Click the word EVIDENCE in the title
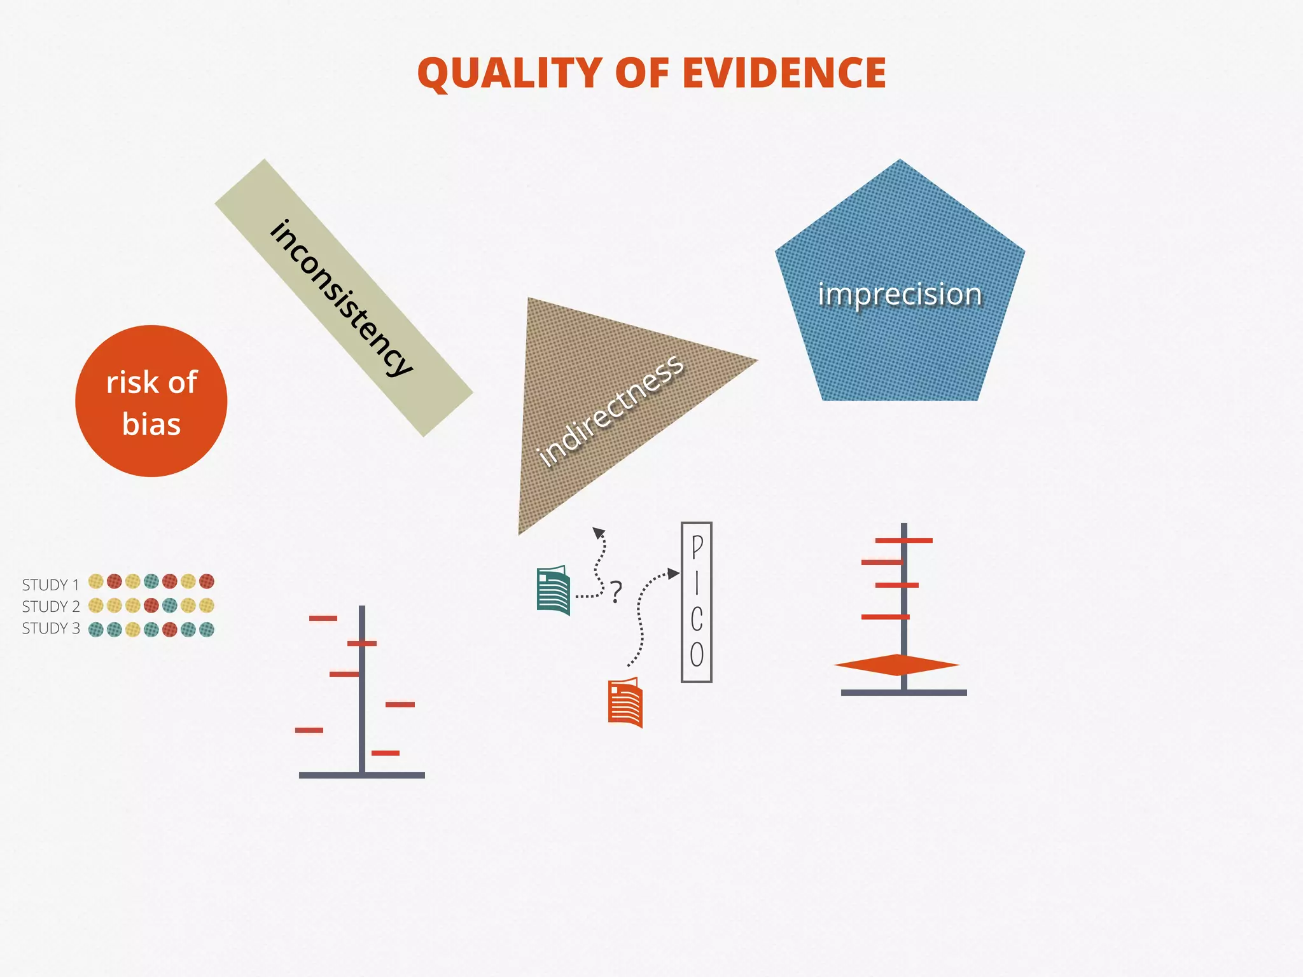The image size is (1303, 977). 784,73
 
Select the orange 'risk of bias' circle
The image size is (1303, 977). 151,401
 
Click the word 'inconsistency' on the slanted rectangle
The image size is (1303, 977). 342,298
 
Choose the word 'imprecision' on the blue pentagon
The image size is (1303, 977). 900,294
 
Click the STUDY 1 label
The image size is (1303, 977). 50,585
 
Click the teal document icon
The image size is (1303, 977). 553,590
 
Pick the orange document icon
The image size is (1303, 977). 625,702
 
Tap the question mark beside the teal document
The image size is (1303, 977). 616,592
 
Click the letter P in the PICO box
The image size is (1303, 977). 697,546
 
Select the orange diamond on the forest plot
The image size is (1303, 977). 896,665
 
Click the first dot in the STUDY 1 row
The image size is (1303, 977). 96,581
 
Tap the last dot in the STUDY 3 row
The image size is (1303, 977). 207,630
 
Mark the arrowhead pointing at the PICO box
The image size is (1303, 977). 674,574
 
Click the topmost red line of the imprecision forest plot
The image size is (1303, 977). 903,541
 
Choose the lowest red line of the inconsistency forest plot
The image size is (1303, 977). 386,753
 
